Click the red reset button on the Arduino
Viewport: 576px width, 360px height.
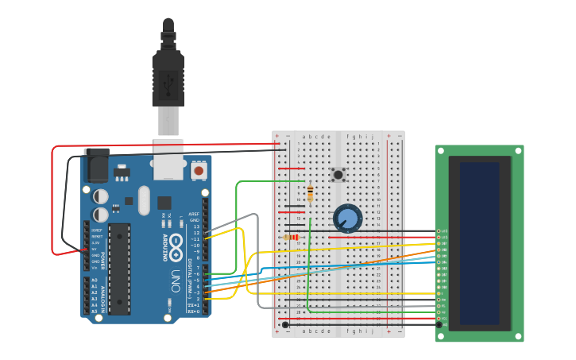click(x=198, y=169)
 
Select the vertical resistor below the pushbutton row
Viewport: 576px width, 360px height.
click(x=309, y=192)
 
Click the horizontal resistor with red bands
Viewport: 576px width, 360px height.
click(x=292, y=237)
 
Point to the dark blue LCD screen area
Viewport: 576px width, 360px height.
click(x=479, y=242)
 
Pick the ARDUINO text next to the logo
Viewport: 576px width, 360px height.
click(x=166, y=247)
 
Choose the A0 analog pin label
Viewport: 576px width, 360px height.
click(x=95, y=280)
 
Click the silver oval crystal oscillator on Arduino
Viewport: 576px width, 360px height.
click(x=143, y=200)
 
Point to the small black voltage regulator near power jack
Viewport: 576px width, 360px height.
click(x=121, y=172)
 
